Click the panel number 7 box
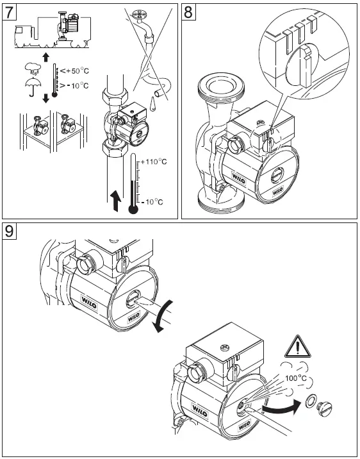11,13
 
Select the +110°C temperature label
153,162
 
